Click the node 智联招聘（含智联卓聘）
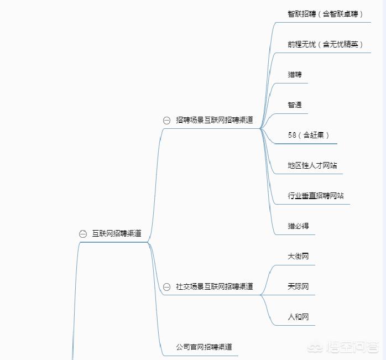coord(325,14)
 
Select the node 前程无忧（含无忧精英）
coord(325,44)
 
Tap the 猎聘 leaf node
coord(295,74)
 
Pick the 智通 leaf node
coord(295,105)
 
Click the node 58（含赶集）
coord(309,135)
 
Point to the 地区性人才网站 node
coord(312,165)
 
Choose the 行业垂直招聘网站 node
coord(316,196)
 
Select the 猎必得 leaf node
coord(298,226)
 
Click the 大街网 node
coord(298,257)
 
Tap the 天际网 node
coord(298,286)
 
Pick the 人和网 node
coord(298,317)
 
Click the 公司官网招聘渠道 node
coord(204,347)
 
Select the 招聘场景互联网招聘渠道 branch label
coord(215,120)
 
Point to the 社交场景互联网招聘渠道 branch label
coord(215,286)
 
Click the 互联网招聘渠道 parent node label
coord(117,233)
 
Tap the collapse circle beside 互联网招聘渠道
coord(83,234)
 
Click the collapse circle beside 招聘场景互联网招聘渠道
coord(166,121)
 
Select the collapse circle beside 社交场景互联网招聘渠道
coord(166,287)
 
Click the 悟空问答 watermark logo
coord(343,347)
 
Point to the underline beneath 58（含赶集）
coord(305,144)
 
